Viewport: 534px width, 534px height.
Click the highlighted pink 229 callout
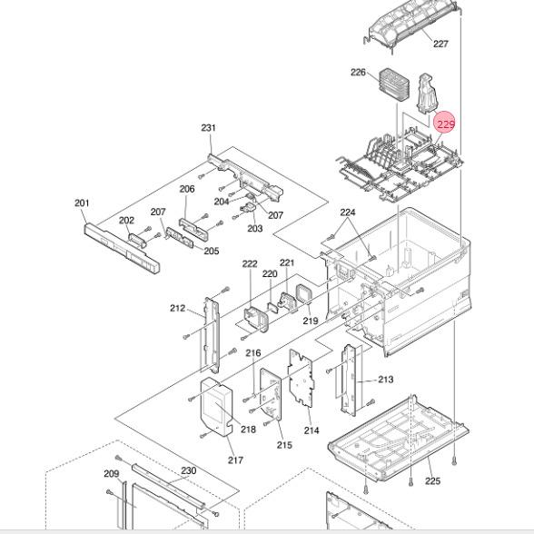445,124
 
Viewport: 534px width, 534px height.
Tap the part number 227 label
440,44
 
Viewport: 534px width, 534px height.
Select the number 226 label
358,73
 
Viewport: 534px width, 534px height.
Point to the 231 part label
209,128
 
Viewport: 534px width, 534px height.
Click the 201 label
82,203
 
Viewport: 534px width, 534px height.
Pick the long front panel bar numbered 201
122,248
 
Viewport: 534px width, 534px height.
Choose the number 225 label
432,481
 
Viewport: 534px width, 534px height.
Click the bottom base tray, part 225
398,439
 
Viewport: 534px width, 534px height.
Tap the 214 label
311,430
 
